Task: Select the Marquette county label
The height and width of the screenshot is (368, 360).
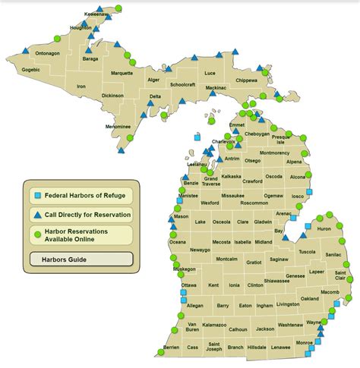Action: click(x=122, y=74)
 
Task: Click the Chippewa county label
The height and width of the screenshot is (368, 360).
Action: click(x=247, y=80)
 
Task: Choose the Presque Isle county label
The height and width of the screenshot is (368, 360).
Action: click(x=279, y=140)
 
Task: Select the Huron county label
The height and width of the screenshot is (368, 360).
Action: click(x=324, y=228)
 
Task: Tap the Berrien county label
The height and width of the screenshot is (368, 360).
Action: click(x=171, y=348)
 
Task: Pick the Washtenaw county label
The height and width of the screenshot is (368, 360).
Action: click(x=289, y=325)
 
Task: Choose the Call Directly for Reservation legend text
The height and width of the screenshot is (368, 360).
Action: click(x=87, y=215)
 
